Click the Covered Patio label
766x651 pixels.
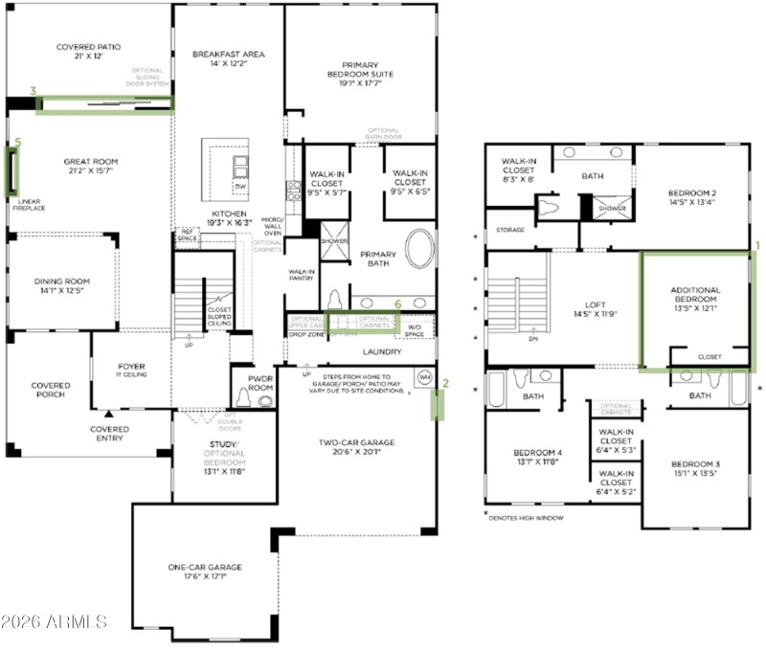pyautogui.click(x=87, y=46)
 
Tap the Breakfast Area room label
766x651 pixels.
pyautogui.click(x=228, y=55)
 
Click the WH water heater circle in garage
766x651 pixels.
pyautogui.click(x=424, y=377)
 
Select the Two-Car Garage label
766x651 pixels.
pyautogui.click(x=356, y=442)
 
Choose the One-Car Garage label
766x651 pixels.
pyautogui.click(x=205, y=568)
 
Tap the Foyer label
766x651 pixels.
pyautogui.click(x=131, y=365)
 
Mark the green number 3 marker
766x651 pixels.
pyautogui.click(x=33, y=91)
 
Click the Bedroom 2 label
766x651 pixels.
pyautogui.click(x=694, y=193)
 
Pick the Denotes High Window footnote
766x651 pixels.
pyautogui.click(x=525, y=518)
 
